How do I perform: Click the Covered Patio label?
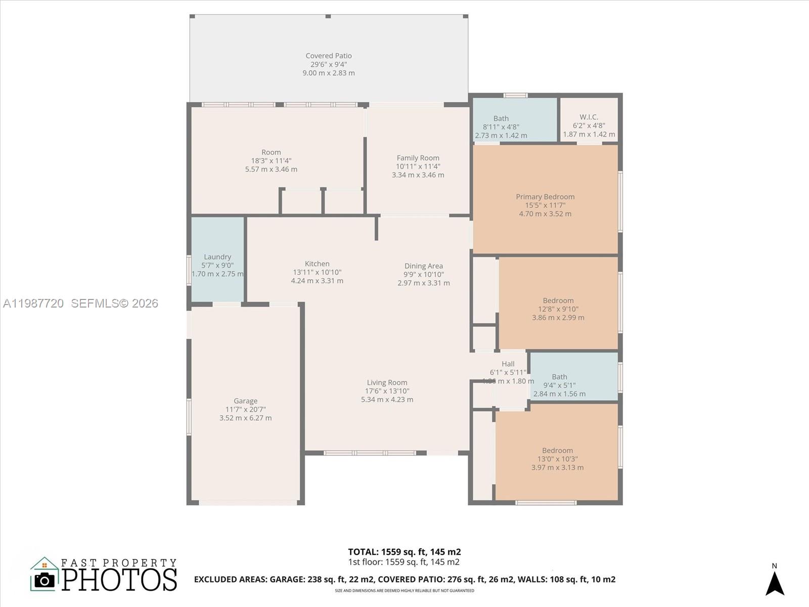coord(329,56)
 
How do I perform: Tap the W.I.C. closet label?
coord(589,117)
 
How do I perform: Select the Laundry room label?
coord(217,257)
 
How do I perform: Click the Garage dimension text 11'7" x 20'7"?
coord(245,409)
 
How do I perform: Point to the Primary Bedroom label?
coord(545,197)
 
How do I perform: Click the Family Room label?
coord(418,158)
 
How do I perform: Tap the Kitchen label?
coord(317,264)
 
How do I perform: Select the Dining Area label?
coord(423,266)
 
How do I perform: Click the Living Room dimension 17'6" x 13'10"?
coord(387,391)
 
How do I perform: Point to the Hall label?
coord(508,364)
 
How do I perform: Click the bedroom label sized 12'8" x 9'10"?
coord(558,300)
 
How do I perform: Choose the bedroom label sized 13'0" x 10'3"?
coord(557,451)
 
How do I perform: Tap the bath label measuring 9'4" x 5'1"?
coord(559,377)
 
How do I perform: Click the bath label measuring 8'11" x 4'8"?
coord(501,118)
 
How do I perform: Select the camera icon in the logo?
coord(44,580)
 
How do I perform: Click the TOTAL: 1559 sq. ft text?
coord(404,552)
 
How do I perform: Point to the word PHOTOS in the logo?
coord(119,580)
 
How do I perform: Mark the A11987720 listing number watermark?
coord(33,303)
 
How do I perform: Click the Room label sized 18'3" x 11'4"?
coord(271,152)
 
